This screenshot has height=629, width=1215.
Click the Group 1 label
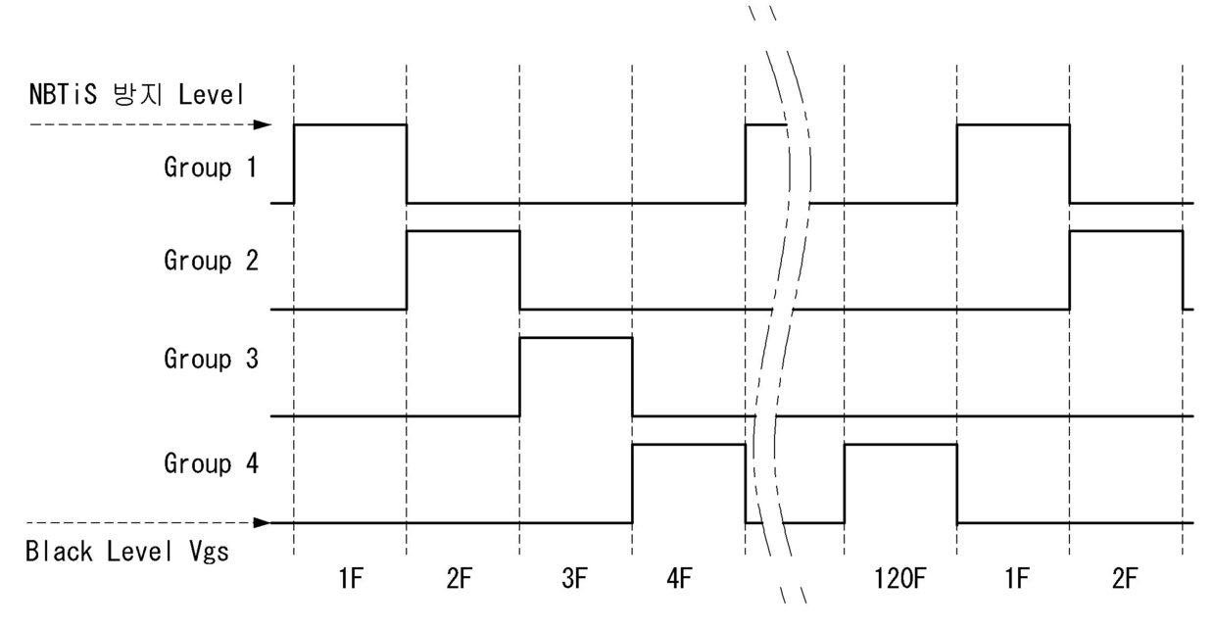[211, 167]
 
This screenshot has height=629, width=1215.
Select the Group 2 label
[211, 261]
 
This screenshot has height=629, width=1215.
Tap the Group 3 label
[211, 359]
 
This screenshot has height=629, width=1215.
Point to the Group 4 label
[211, 463]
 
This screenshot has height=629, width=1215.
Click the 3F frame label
[574, 579]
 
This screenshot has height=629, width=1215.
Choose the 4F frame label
[680, 579]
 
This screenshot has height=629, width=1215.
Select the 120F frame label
[899, 579]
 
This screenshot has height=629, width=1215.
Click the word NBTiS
[63, 94]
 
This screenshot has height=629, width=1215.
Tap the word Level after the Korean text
[211, 94]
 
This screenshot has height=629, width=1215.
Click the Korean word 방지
[138, 94]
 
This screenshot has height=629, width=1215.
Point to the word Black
[59, 552]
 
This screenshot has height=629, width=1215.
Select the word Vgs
[209, 553]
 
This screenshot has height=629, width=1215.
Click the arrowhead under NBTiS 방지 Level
[263, 124]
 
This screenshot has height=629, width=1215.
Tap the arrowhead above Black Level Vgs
[263, 523]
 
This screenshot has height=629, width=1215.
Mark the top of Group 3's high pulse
[575, 338]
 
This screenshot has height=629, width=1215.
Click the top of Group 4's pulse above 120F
[900, 445]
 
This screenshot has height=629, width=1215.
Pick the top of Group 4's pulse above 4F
[689, 445]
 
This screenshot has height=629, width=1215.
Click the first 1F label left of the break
[351, 579]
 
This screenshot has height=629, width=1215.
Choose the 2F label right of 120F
[1125, 579]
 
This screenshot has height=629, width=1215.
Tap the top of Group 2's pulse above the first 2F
[463, 231]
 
